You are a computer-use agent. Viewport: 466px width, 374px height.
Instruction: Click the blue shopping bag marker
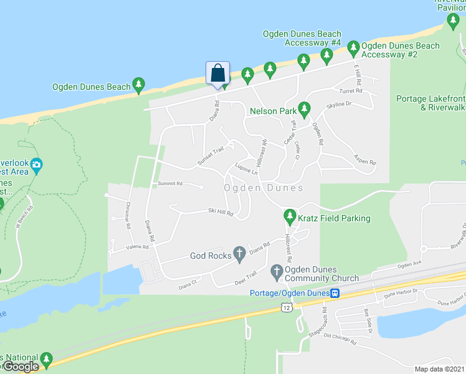217,73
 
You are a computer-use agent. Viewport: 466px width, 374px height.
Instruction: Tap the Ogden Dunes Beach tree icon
138,85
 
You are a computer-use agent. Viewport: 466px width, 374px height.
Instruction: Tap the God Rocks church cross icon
238,253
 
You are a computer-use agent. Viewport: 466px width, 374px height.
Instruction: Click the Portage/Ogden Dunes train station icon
335,294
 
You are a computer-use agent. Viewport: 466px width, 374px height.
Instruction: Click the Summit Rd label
169,184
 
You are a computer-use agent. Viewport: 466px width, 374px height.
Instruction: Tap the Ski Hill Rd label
220,213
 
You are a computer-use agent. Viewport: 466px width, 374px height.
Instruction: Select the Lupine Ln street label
246,169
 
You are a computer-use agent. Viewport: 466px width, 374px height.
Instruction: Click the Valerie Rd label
137,247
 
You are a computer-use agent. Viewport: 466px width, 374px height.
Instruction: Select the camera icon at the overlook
36,165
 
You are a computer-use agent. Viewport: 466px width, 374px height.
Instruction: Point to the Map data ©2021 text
439,369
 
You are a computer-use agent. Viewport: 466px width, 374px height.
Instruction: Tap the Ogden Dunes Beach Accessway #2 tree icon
353,47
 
